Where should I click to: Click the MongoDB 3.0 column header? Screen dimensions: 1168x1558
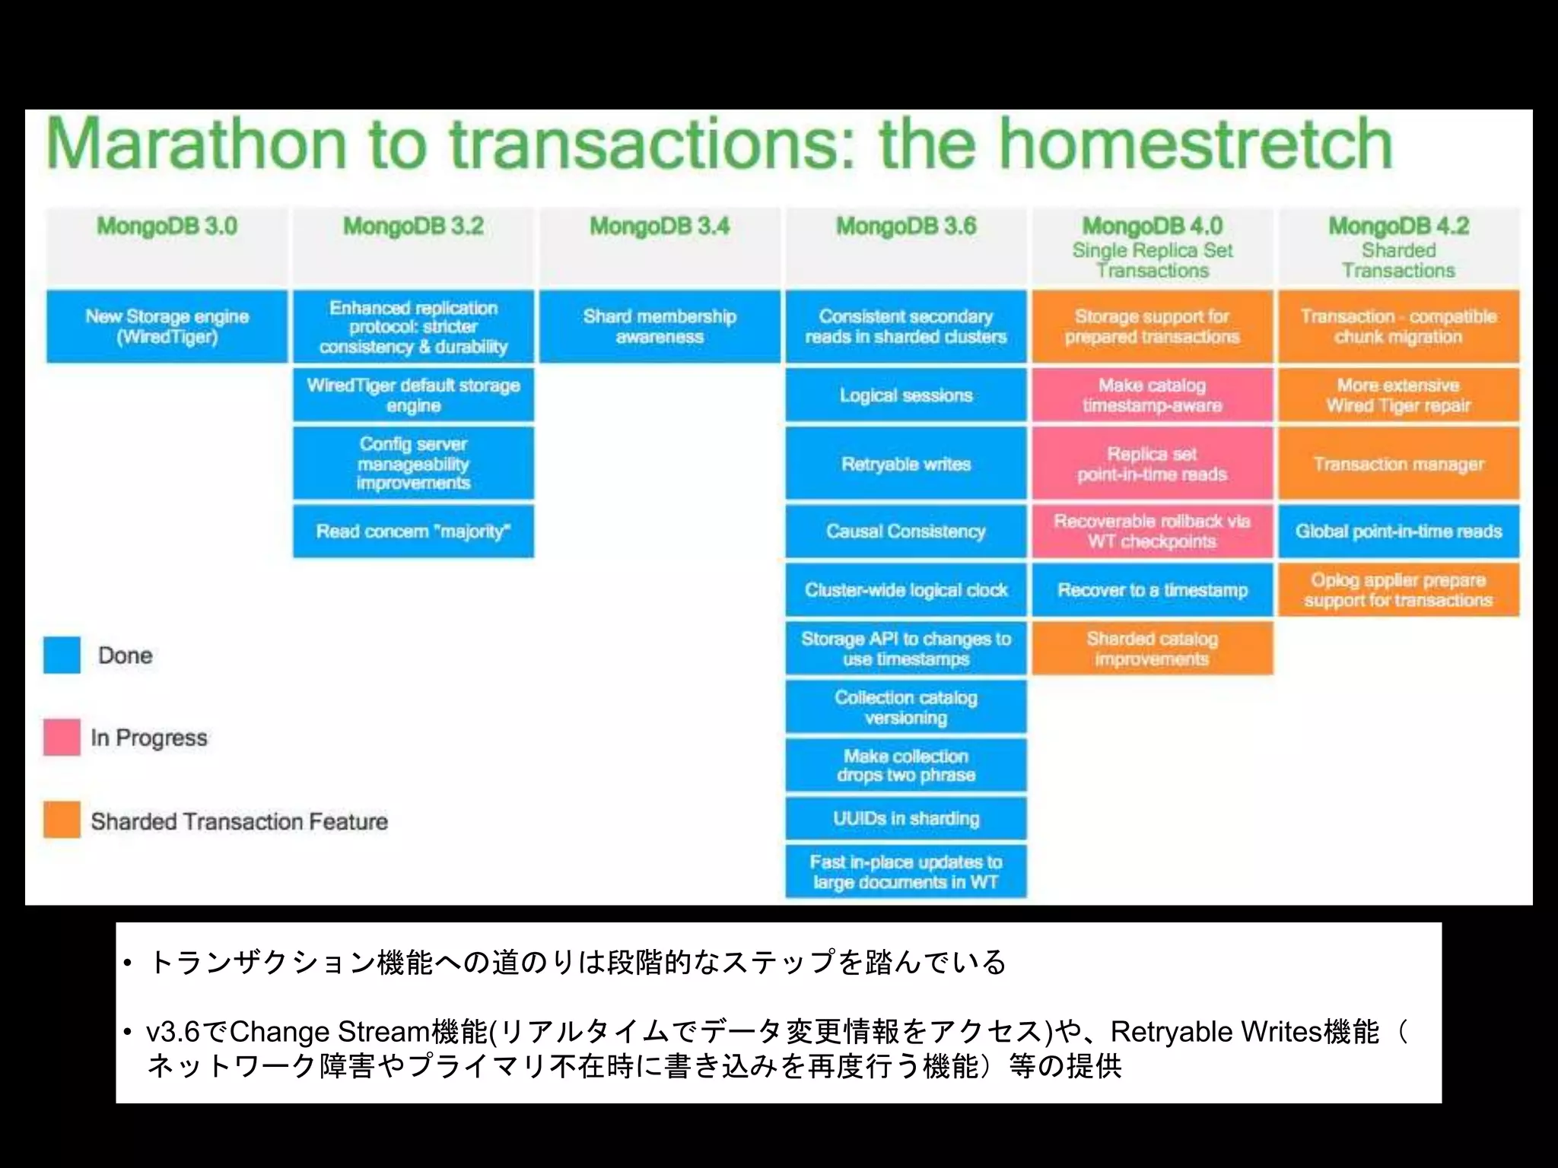(167, 227)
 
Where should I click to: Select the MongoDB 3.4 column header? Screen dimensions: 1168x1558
(660, 227)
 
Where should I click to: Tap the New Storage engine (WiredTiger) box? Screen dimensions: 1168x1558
(167, 326)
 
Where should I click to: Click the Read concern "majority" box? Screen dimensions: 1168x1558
(413, 532)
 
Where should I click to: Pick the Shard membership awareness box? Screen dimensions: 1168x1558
(660, 326)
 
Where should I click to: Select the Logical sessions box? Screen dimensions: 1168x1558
(906, 395)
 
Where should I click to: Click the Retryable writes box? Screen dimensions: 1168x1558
(906, 464)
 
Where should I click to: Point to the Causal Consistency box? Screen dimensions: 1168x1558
(906, 532)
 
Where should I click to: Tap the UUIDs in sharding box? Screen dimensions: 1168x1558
(906, 818)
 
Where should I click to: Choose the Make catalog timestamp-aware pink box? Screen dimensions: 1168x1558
(1153, 395)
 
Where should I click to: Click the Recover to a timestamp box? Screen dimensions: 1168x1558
(1153, 590)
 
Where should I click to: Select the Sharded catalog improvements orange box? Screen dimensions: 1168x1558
(1153, 649)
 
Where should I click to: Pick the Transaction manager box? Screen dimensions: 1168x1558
(1398, 464)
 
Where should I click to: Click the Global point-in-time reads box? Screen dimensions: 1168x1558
(1398, 532)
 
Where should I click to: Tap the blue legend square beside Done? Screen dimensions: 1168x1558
(62, 655)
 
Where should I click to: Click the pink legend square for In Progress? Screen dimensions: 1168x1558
(62, 737)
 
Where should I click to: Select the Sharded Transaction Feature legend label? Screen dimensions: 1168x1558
(239, 821)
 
